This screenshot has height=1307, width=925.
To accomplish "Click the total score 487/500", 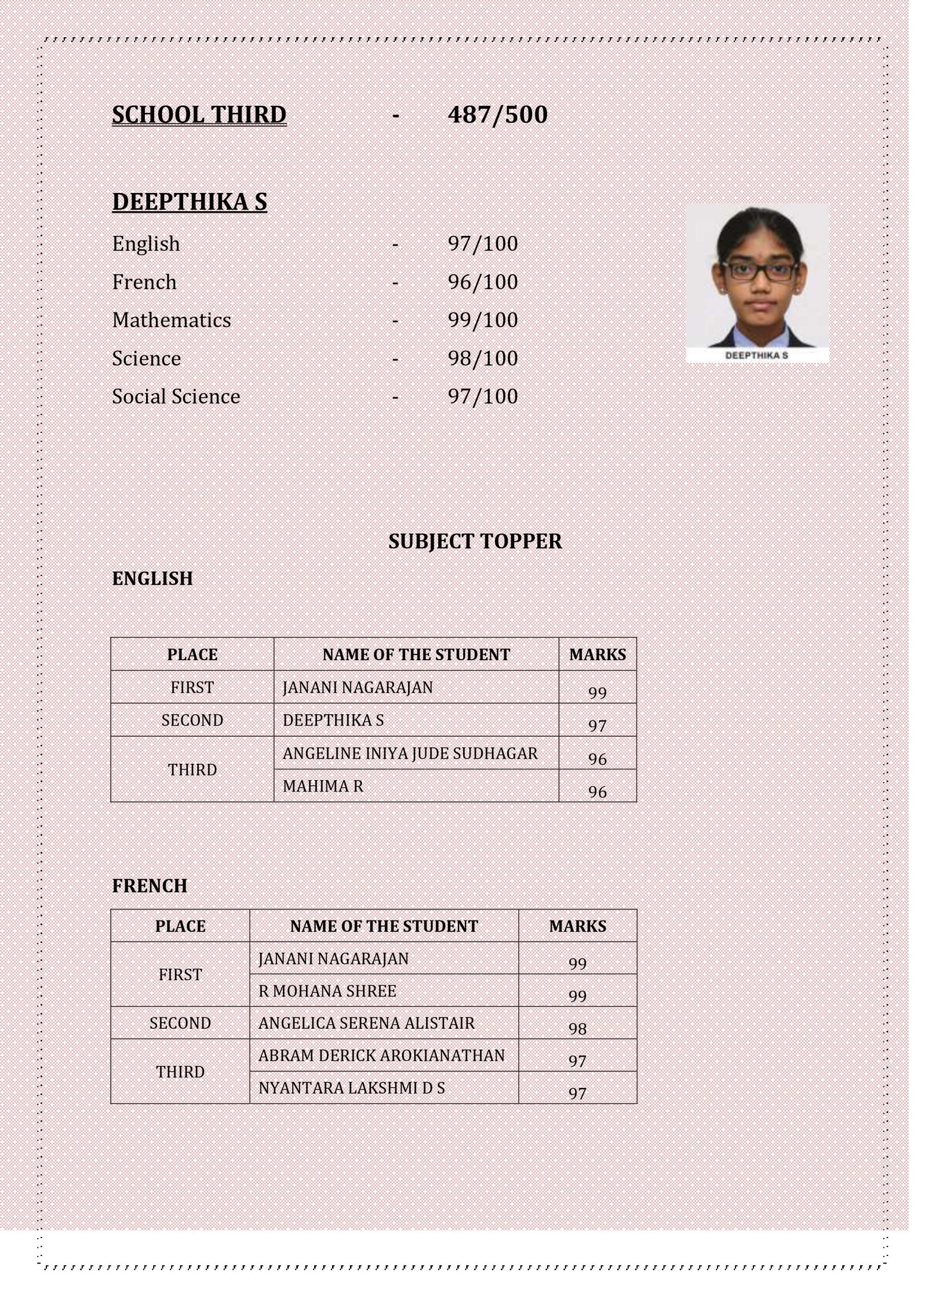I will pyautogui.click(x=497, y=115).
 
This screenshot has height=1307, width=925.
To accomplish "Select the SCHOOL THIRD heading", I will pyautogui.click(x=199, y=115).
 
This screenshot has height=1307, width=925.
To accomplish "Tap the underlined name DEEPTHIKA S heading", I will pyautogui.click(x=189, y=202).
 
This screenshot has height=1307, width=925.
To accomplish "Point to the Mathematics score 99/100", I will pyautogui.click(x=483, y=320).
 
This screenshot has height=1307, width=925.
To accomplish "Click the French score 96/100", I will pyautogui.click(x=483, y=282).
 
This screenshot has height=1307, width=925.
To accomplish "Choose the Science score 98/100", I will pyautogui.click(x=483, y=358).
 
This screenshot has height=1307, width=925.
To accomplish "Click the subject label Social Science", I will pyautogui.click(x=176, y=396).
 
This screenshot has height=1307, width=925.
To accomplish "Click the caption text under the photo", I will pyautogui.click(x=756, y=355).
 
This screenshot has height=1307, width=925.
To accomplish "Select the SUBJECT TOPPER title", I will pyautogui.click(x=475, y=541).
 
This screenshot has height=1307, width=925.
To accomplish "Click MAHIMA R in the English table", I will pyautogui.click(x=322, y=786).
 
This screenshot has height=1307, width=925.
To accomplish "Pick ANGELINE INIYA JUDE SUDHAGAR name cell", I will pyautogui.click(x=410, y=753).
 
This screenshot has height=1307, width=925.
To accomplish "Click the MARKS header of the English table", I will pyautogui.click(x=597, y=655).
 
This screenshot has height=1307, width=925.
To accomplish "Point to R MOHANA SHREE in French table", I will pyautogui.click(x=327, y=991).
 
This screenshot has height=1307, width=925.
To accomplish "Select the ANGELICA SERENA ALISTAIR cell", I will pyautogui.click(x=366, y=1023).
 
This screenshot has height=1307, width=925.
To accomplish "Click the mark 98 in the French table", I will pyautogui.click(x=577, y=1028).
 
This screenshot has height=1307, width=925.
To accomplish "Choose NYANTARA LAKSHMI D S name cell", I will pyautogui.click(x=351, y=1088).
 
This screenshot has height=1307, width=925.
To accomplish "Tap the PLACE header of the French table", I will pyautogui.click(x=180, y=926).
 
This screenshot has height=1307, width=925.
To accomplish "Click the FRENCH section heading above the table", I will pyautogui.click(x=149, y=886).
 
